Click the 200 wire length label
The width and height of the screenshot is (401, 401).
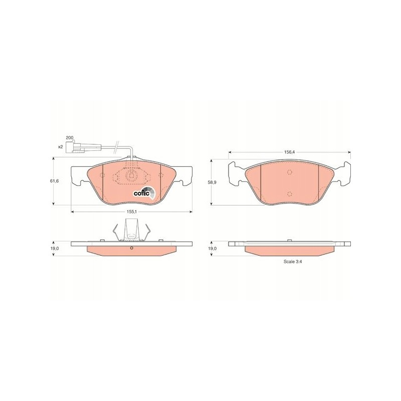point(69,137)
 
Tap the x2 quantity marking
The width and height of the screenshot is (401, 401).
point(61,146)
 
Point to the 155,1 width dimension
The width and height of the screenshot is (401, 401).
point(131,212)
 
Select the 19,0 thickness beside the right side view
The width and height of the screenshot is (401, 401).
point(212,248)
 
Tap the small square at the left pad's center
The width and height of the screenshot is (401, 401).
point(132,175)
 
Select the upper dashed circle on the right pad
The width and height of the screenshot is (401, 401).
point(290,172)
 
